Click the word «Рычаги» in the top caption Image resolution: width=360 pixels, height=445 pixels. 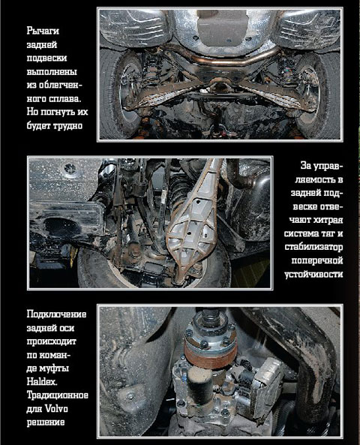tap(43, 31)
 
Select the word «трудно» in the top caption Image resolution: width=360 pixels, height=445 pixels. tap(68, 126)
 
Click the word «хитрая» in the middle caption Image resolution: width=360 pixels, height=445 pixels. tap(328, 220)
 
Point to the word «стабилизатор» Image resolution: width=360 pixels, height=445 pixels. tap(313, 247)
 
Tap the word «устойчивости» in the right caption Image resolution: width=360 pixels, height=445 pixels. tap(313, 274)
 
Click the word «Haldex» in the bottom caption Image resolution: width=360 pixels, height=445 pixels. tap(42, 382)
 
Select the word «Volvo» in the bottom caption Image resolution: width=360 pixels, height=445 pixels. tap(56, 409)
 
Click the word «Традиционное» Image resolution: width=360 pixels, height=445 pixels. tap(57, 395)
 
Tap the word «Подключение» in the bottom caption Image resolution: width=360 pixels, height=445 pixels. tap(56, 314)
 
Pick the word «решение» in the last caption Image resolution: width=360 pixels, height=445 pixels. tap(46, 422)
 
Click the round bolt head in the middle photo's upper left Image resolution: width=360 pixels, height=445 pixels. tap(70, 169)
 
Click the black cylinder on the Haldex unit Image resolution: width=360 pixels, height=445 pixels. tap(199, 384)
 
